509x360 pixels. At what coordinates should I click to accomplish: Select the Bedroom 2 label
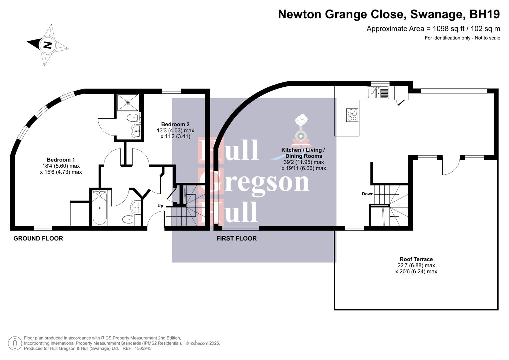[175, 124]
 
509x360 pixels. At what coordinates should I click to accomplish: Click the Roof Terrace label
[416, 259]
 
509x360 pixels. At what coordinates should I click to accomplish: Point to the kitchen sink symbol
[378, 93]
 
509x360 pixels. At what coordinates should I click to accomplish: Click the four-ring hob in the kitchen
[352, 115]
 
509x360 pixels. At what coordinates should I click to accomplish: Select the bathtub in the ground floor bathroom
[100, 207]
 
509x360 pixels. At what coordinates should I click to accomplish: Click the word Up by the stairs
[160, 206]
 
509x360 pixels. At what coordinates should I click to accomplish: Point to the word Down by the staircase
[367, 194]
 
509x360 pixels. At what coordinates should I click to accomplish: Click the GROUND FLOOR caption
[38, 238]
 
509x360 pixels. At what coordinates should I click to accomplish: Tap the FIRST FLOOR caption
[236, 238]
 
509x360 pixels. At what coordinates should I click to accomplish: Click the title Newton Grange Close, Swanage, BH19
[389, 14]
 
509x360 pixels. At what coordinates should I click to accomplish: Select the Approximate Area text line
[433, 29]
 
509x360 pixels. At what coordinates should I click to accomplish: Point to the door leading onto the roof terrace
[451, 166]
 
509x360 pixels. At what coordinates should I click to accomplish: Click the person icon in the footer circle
[15, 343]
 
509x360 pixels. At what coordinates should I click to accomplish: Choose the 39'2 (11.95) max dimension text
[303, 162]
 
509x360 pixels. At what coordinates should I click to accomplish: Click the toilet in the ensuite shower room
[134, 117]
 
